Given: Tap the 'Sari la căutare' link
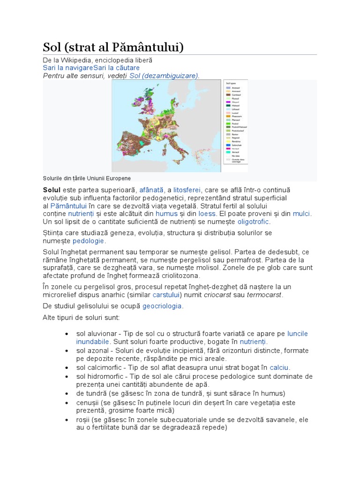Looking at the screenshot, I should tap(116, 68).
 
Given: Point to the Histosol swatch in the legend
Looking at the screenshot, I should tap(228, 106).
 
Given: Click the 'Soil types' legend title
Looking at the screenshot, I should tap(232, 83).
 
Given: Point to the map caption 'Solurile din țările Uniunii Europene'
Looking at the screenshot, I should tap(87, 178).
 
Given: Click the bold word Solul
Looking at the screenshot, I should tap(52, 190).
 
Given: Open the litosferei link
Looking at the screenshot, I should tap(187, 190).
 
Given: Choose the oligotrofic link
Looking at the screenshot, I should tap(254, 222).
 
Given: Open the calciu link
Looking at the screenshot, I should tap(279, 367).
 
